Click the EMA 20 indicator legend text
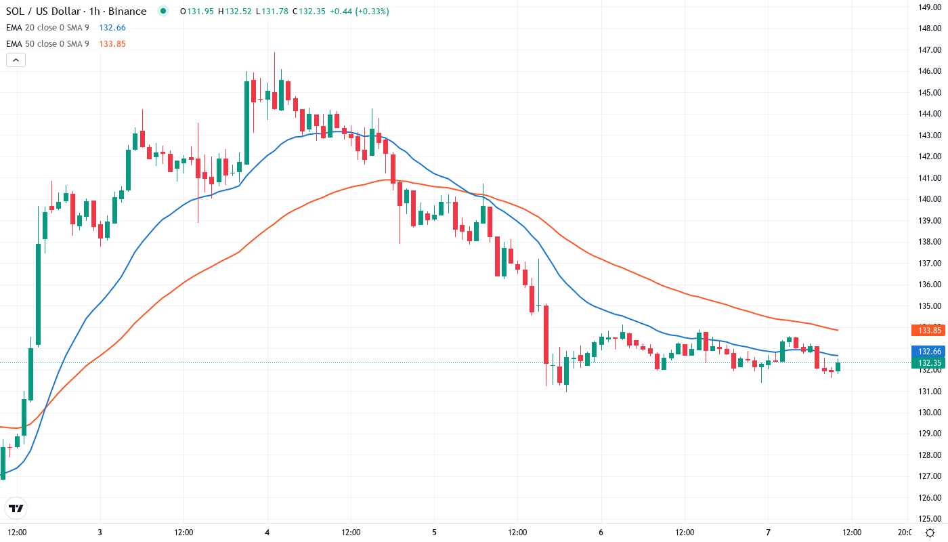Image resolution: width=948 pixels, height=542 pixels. coord(47,28)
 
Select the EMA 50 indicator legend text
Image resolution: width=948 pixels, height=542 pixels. coord(47,44)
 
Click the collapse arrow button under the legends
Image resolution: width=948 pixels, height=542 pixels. coord(16,60)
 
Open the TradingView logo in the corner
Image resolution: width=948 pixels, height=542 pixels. coord(16,508)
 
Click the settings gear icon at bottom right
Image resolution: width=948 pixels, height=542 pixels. coord(930,532)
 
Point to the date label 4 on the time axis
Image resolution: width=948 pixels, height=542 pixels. coord(267,532)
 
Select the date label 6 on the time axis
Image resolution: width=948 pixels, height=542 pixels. coord(601,532)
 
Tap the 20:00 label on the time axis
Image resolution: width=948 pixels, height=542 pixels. coord(905,532)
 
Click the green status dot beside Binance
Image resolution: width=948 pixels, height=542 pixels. coord(163,11)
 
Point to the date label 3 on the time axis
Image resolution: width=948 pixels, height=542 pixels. coord(100,532)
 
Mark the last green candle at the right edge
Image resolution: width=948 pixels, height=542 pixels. coord(838,367)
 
